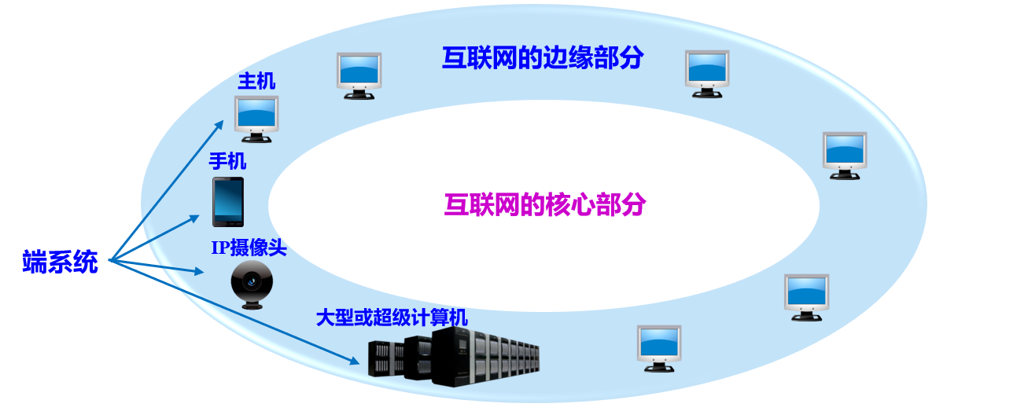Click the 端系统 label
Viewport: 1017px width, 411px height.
61,262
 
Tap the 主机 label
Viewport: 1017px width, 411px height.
256,82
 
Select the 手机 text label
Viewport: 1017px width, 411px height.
227,162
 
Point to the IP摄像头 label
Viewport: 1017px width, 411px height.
249,248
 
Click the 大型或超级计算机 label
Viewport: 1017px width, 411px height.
392,317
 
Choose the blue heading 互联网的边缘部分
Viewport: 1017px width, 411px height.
543,58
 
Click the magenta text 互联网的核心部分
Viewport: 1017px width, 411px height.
544,204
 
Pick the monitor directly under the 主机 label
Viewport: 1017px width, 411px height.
256,117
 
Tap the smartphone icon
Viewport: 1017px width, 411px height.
227,201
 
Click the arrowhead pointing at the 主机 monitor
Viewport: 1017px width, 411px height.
222,123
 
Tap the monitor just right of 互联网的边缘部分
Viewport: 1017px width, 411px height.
706,72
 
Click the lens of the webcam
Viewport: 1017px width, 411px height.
252,280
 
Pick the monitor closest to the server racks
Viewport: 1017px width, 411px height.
658,347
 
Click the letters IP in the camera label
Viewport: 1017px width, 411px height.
219,248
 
